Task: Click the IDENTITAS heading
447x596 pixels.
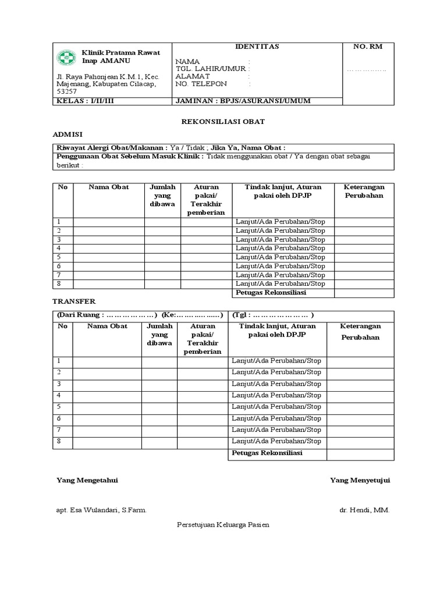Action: [x=257, y=47]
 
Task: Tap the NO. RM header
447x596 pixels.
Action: [x=368, y=47]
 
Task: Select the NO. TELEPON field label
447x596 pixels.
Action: [x=201, y=84]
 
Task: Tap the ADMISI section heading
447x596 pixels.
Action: [x=68, y=134]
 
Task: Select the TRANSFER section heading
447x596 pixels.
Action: [x=74, y=301]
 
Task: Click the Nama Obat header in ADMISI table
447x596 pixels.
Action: [x=108, y=187]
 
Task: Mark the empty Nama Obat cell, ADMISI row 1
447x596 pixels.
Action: [x=108, y=222]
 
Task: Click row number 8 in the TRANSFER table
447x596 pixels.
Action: [x=59, y=441]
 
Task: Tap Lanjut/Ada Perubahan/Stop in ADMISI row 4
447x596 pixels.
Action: [x=281, y=248]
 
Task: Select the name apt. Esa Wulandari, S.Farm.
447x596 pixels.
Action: [x=101, y=510]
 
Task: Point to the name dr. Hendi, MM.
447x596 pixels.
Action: [x=364, y=510]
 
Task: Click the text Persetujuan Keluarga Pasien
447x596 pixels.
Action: [x=223, y=524]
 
